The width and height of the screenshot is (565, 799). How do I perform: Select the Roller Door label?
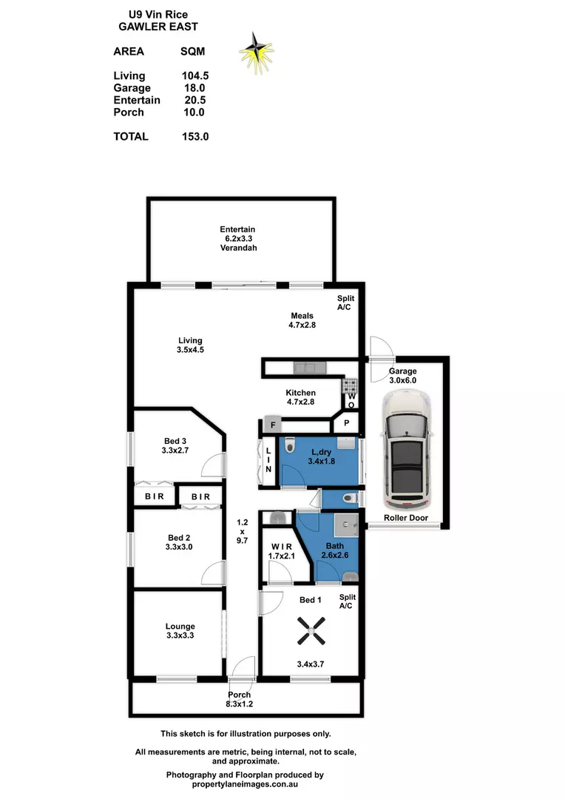click(406, 518)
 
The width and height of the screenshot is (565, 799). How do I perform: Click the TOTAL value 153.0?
click(194, 136)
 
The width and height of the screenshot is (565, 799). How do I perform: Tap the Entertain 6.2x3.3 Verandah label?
click(237, 238)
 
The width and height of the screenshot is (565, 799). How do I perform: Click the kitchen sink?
click(306, 366)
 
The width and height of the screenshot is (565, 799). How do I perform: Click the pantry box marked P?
click(346, 424)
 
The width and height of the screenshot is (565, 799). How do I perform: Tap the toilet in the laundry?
click(293, 447)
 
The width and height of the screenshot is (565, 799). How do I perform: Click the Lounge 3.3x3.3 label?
click(180, 631)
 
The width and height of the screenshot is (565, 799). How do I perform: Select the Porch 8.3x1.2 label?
click(240, 700)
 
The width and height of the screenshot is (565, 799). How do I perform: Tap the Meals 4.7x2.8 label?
click(302, 320)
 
